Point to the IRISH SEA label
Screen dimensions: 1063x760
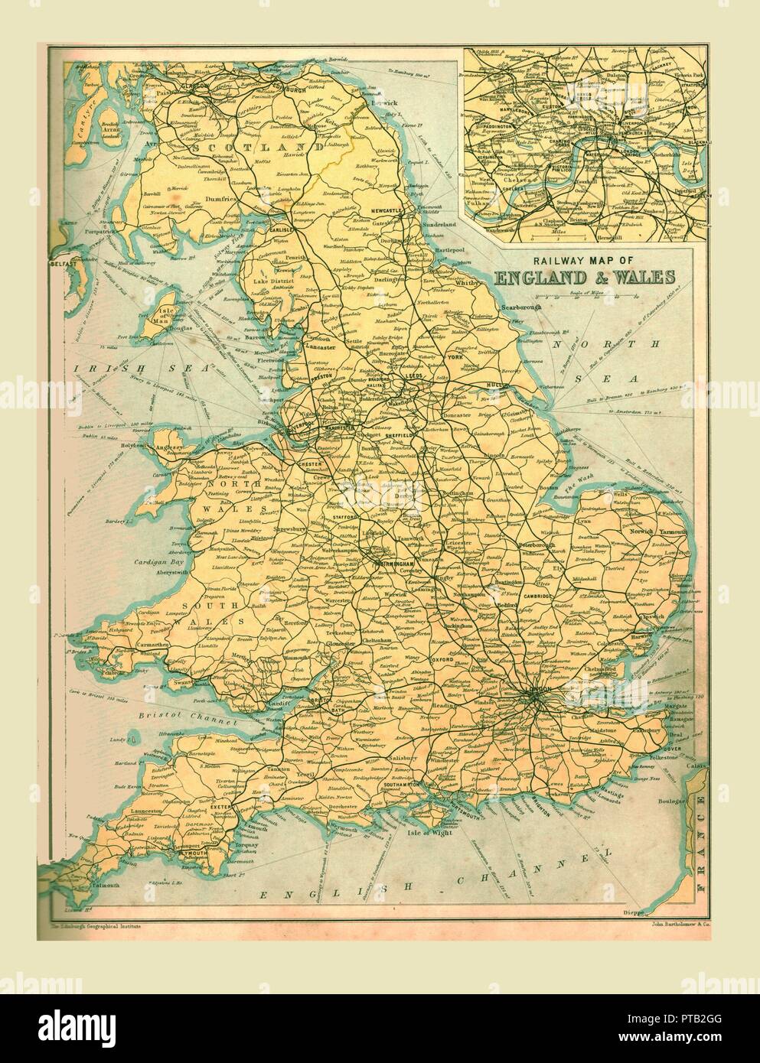pos(144,370)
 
